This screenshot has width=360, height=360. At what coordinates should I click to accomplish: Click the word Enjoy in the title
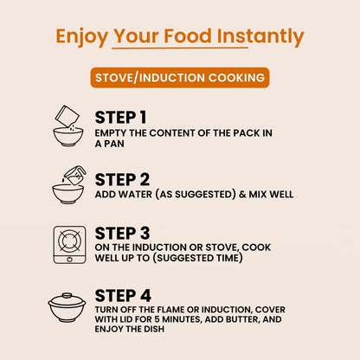click(82, 37)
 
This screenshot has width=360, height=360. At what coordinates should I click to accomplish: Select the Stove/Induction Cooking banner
click(180, 78)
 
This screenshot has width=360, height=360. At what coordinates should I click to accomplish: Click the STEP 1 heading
click(120, 118)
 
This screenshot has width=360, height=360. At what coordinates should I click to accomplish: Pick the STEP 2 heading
click(122, 180)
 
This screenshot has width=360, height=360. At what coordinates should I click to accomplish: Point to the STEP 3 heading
click(122, 233)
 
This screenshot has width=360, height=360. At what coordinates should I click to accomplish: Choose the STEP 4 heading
click(123, 296)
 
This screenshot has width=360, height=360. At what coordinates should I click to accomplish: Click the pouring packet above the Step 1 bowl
click(67, 116)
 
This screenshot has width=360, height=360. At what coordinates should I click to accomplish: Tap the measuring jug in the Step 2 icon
click(75, 175)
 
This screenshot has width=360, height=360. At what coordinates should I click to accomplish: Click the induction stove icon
click(69, 245)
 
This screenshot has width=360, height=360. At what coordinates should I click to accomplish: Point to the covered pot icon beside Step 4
click(67, 307)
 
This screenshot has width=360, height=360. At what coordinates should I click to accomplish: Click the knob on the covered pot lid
click(67, 295)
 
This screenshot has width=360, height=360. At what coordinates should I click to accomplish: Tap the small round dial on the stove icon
click(69, 260)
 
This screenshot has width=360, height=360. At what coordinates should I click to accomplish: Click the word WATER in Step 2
click(135, 195)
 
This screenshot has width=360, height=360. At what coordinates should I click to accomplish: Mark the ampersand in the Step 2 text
click(242, 195)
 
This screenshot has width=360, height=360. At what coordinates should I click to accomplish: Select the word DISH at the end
click(154, 329)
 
